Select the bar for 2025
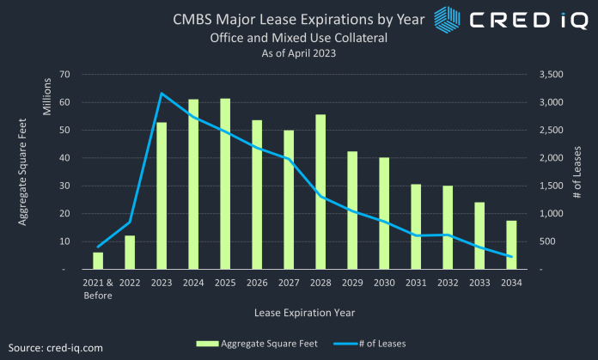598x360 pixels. (225, 184)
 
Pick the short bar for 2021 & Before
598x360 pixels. (98, 260)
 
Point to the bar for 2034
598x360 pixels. (510, 245)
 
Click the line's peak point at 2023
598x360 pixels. (162, 94)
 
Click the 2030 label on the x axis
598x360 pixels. (384, 283)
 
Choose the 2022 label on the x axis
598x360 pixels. (130, 283)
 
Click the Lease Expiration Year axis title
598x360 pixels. (304, 311)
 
